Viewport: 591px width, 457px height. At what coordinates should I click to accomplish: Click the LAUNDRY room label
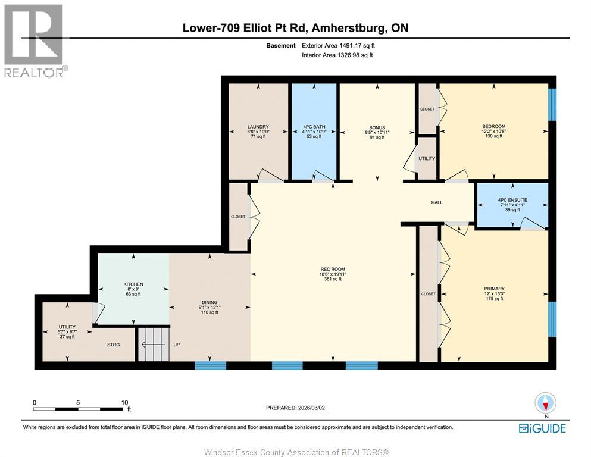(258, 127)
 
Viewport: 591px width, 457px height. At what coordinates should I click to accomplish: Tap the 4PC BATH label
(312, 127)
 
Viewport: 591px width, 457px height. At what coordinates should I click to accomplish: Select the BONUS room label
(377, 127)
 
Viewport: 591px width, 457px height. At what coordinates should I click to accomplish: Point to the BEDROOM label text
(493, 126)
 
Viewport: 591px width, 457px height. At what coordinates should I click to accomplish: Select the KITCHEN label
(133, 284)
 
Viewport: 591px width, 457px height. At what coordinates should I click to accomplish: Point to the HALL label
(437, 203)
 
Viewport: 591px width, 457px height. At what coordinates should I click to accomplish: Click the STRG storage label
(114, 343)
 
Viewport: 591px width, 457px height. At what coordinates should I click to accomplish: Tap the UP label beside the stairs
(177, 343)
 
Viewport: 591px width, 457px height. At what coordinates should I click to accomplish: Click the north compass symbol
(545, 403)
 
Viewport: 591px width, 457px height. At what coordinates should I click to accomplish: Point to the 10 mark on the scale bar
(125, 402)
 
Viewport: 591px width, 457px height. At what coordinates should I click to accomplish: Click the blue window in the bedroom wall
(551, 104)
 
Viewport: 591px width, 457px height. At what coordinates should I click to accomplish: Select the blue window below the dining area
(211, 365)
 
